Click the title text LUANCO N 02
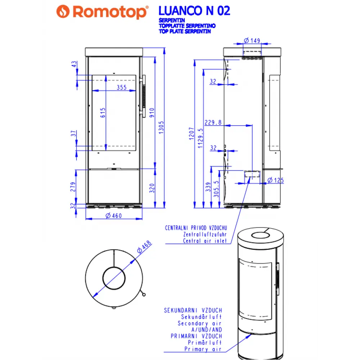[x=194, y=11]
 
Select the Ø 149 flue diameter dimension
[x=252, y=40]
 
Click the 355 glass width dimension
[x=122, y=87]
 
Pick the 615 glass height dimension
[x=103, y=114]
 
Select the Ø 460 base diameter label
[x=113, y=215]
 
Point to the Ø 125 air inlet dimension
[x=276, y=180]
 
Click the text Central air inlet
[x=205, y=241]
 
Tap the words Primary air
[x=201, y=349]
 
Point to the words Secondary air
[x=200, y=323]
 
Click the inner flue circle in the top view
[x=114, y=278]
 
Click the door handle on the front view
[x=143, y=96]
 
